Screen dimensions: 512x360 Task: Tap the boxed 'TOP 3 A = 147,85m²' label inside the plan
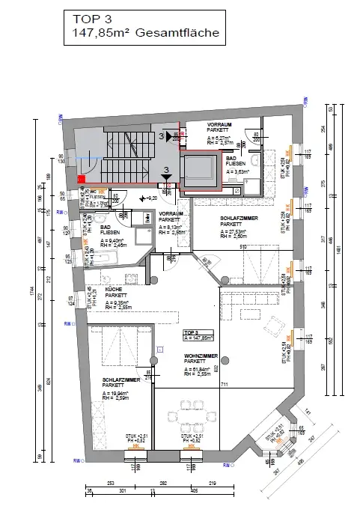pyautogui.click(x=198, y=334)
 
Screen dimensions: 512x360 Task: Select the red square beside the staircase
pyautogui.click(x=81, y=179)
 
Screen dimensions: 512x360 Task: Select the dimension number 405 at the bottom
pyautogui.click(x=194, y=491)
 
